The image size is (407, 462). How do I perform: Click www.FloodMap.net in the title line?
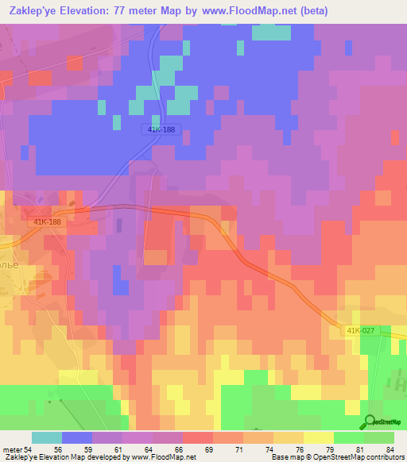click(236, 10)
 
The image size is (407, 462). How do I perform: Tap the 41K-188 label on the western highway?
click(48, 222)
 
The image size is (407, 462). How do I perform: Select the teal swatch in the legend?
click(46, 437)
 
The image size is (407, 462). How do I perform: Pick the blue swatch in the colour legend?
click(77, 437)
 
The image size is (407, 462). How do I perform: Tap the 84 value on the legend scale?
click(390, 449)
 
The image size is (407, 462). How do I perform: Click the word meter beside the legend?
click(13, 449)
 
